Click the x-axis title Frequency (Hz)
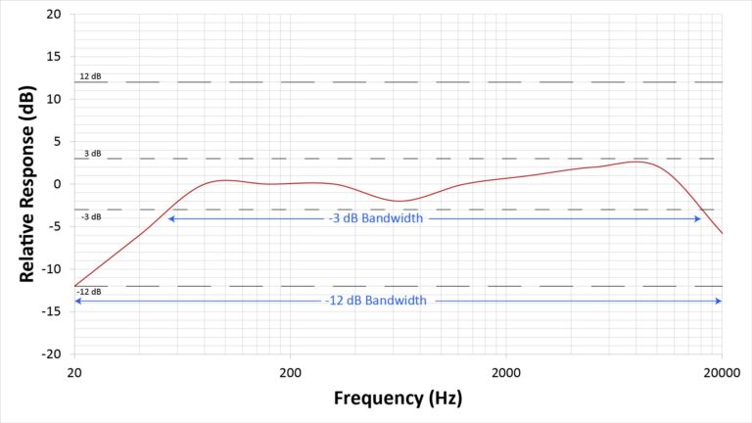[x=398, y=399]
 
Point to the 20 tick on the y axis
[x=54, y=15]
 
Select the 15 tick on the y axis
[x=54, y=57]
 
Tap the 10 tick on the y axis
[x=54, y=100]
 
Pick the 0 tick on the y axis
[x=57, y=184]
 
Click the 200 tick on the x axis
[x=290, y=372]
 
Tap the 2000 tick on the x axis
[x=506, y=372]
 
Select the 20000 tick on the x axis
[x=722, y=372]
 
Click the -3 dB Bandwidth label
[x=376, y=219]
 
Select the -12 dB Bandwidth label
[x=376, y=301]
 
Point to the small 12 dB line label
[x=90, y=76]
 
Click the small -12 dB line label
[x=89, y=292]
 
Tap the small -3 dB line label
[x=89, y=216]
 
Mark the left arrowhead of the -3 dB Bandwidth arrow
[x=170, y=219]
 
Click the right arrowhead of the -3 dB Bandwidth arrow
[x=699, y=219]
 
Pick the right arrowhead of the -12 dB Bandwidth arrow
[x=720, y=301]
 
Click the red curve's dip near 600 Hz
[x=399, y=201]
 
